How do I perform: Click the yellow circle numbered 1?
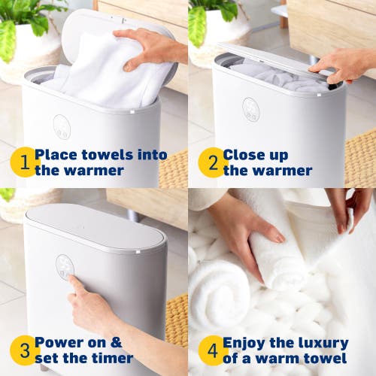(24, 162)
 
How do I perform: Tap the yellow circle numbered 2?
(213, 162)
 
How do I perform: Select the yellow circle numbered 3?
(24, 350)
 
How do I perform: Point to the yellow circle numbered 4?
(213, 350)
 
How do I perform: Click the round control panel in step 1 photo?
(62, 126)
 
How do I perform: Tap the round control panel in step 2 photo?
(250, 110)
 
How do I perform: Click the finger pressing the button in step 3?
(73, 281)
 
